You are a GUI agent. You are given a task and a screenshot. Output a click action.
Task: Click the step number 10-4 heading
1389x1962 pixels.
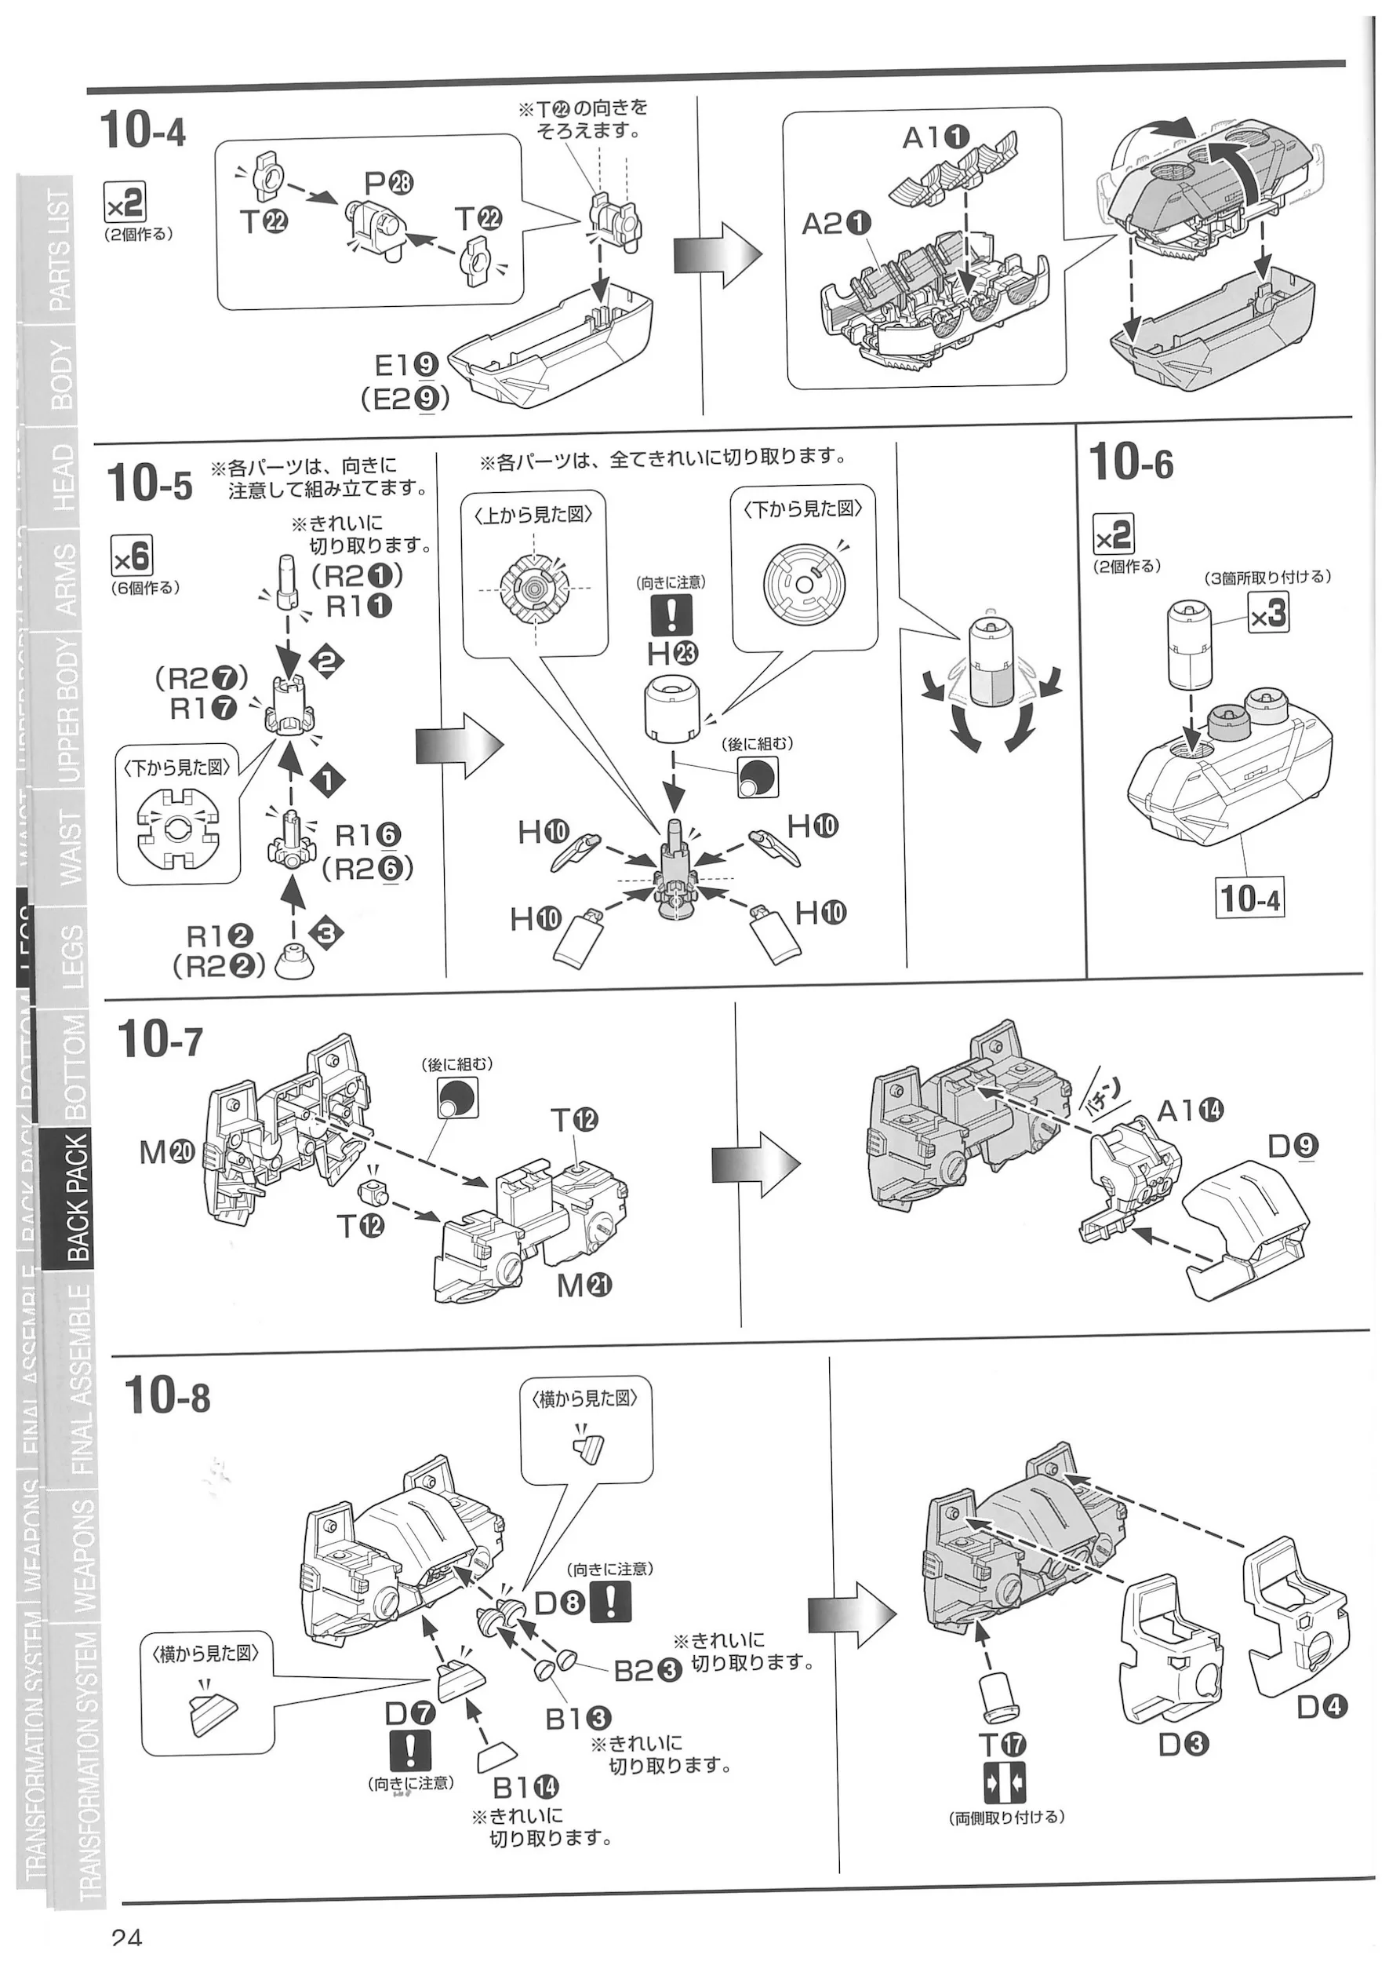pos(142,131)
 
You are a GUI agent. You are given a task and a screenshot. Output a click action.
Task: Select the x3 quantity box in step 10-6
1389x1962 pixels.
pos(1267,613)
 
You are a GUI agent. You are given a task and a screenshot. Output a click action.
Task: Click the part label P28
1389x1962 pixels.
pos(389,182)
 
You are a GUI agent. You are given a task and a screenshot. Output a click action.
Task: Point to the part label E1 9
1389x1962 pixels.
pos(407,366)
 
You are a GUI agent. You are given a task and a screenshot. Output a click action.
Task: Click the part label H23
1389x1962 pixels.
pos(672,654)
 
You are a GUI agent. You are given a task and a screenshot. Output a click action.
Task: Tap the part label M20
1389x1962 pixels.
pos(167,1153)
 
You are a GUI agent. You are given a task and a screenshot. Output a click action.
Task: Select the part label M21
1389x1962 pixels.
pos(584,1286)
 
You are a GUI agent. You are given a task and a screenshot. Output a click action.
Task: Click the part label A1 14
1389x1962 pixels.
pos(1190,1110)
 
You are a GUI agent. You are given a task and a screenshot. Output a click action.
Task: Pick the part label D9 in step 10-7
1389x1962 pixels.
pos(1293,1146)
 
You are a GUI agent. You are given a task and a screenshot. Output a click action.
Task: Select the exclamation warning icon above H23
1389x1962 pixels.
pos(671,614)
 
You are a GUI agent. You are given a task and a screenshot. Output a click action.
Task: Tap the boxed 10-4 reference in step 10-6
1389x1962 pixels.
pos(1249,899)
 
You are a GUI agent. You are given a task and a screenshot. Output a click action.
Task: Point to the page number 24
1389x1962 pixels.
pos(126,1947)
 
